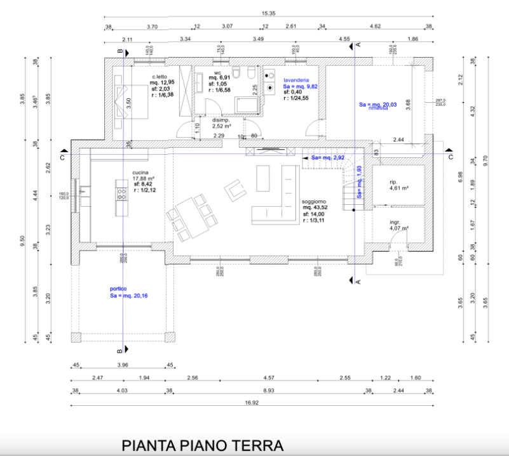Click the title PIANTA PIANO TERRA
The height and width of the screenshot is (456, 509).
[202, 445]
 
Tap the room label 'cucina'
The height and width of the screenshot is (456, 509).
[140, 173]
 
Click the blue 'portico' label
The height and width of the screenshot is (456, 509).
[119, 289]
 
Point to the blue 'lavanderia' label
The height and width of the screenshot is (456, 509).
[296, 81]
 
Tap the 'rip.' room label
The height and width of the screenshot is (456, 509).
[393, 181]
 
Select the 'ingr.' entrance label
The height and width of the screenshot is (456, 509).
[395, 222]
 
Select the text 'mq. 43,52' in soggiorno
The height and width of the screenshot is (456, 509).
[316, 208]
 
